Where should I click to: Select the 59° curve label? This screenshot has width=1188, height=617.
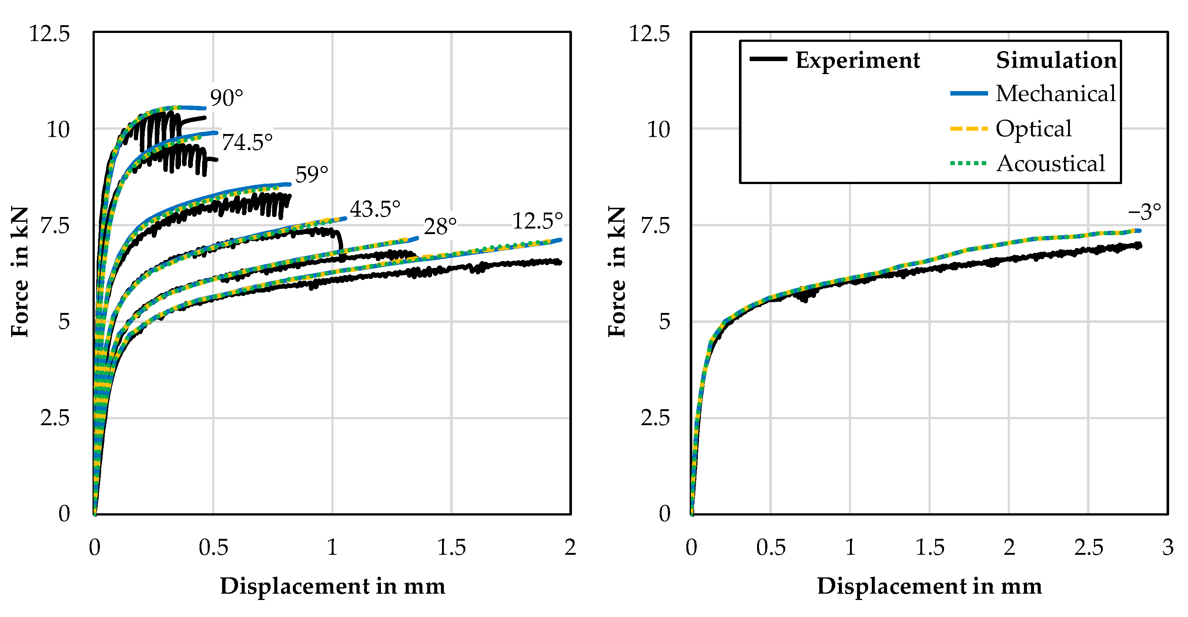pyautogui.click(x=311, y=174)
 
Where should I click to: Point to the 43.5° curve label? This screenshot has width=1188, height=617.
pyautogui.click(x=375, y=209)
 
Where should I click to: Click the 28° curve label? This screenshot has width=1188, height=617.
pyautogui.click(x=440, y=227)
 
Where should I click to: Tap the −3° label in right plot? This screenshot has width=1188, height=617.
pyautogui.click(x=1144, y=212)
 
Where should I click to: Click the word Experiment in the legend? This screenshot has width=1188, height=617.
pyautogui.click(x=857, y=60)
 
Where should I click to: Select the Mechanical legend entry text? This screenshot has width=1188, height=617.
pyautogui.click(x=1055, y=94)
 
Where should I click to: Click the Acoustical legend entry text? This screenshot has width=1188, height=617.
pyautogui.click(x=1050, y=163)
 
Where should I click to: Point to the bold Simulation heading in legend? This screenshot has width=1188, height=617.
pyautogui.click(x=1056, y=60)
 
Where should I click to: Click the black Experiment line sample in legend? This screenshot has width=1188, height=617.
pyautogui.click(x=768, y=59)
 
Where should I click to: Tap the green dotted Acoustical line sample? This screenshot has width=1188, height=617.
pyautogui.click(x=968, y=163)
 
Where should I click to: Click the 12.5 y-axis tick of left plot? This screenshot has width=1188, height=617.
pyautogui.click(x=49, y=34)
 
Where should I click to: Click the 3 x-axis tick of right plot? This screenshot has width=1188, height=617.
pyautogui.click(x=1167, y=547)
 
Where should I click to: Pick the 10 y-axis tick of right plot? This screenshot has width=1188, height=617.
pyautogui.click(x=658, y=130)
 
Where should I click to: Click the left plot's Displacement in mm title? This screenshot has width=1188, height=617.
pyautogui.click(x=332, y=586)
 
